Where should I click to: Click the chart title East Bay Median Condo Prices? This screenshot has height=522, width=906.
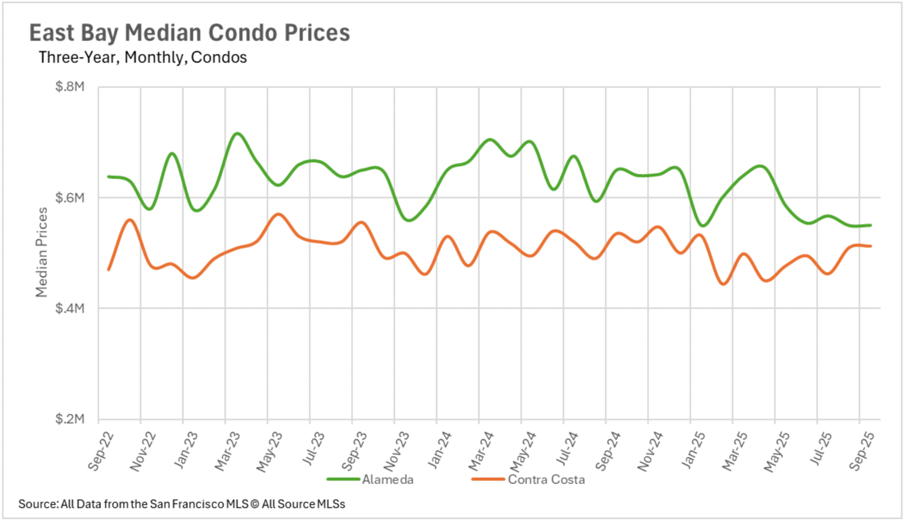pyautogui.click(x=190, y=33)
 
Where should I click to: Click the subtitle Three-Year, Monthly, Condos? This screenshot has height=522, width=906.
pyautogui.click(x=143, y=58)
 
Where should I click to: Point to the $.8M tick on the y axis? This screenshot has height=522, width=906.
pyautogui.click(x=70, y=87)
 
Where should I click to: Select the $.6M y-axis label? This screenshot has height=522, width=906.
pyautogui.click(x=70, y=198)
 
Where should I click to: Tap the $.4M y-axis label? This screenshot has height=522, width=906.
pyautogui.click(x=70, y=308)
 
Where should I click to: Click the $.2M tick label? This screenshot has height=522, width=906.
pyautogui.click(x=70, y=419)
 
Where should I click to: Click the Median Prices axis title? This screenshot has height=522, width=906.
pyautogui.click(x=42, y=252)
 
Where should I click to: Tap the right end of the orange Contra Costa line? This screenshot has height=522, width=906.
pyautogui.click(x=870, y=246)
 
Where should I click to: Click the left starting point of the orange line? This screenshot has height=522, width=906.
pyautogui.click(x=109, y=270)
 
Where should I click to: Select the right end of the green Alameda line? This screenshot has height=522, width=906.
pyautogui.click(x=870, y=225)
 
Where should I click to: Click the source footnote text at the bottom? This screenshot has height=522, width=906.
pyautogui.click(x=182, y=504)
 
